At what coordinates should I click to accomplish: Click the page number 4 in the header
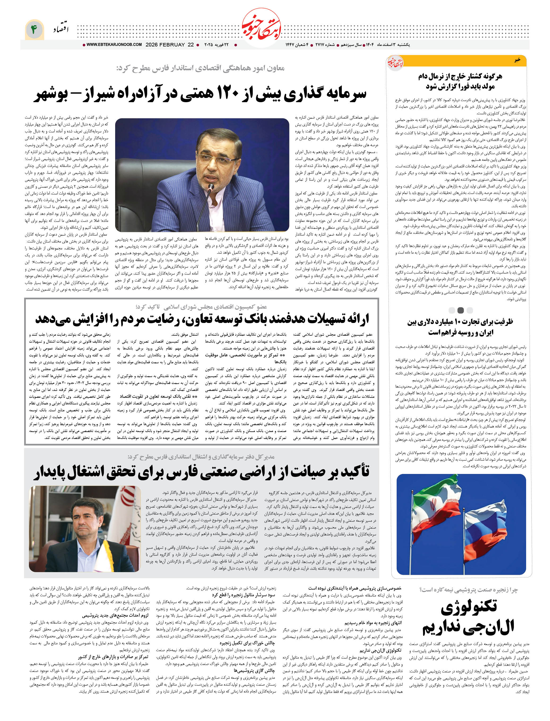point(34,29)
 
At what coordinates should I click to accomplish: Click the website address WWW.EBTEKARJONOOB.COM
point(114,45)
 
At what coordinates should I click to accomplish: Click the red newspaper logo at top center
point(261,28)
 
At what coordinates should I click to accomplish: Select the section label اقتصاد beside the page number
point(61,29)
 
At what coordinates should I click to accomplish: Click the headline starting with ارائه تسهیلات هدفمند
point(202,319)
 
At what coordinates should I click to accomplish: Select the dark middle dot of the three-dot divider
point(460,310)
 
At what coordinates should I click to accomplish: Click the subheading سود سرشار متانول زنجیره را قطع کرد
point(243,595)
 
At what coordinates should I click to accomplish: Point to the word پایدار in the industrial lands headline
point(51,472)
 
